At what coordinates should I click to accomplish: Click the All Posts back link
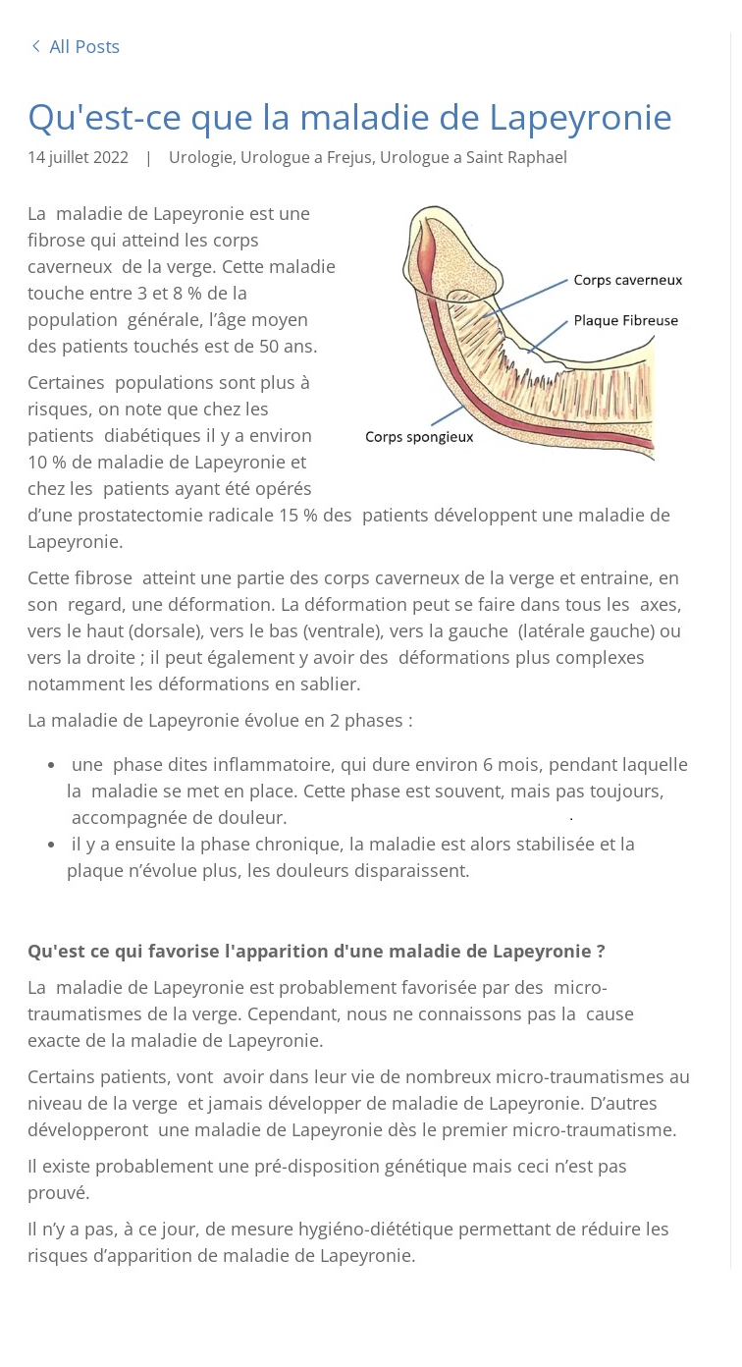[83, 47]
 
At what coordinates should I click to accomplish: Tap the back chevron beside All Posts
[36, 46]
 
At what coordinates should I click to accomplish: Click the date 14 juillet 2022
[78, 157]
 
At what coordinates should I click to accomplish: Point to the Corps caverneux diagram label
[627, 281]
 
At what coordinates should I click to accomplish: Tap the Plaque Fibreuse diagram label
[625, 321]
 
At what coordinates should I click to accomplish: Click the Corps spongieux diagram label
[419, 437]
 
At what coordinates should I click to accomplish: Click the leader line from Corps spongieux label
[448, 415]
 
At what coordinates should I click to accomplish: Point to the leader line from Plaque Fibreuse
[549, 336]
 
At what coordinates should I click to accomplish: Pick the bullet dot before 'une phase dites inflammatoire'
[51, 765]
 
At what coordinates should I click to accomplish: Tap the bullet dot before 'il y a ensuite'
[51, 845]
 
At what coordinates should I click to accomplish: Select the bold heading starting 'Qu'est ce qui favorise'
[316, 952]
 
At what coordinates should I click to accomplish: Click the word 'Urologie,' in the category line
[201, 157]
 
